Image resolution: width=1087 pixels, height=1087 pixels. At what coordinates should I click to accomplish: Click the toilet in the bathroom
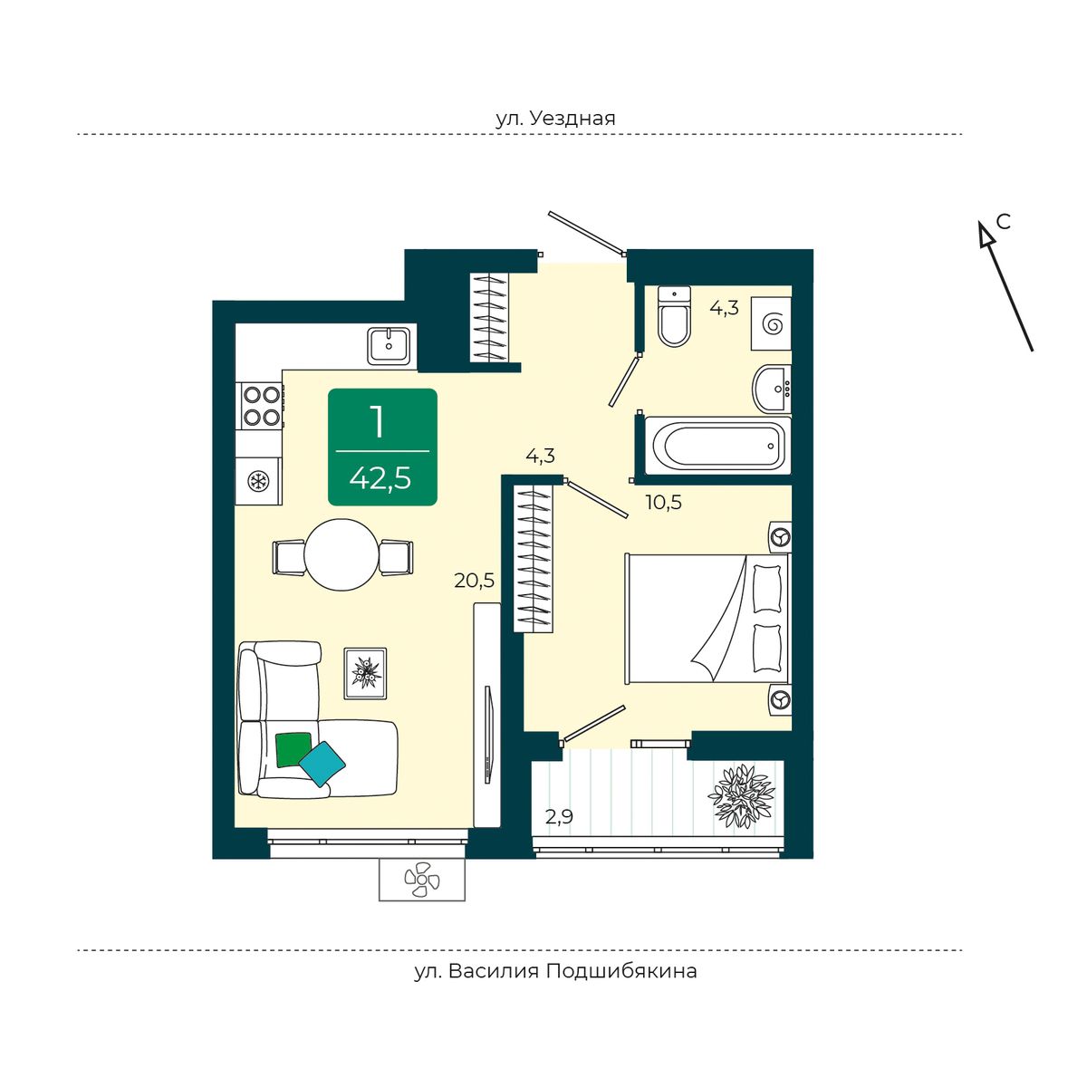pos(675,316)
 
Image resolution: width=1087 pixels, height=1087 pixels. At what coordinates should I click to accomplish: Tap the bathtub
pos(718,446)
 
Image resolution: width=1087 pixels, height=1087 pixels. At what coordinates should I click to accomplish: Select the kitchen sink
pos(390,345)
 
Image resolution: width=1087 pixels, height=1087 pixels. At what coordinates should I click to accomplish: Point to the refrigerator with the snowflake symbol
pos(258,481)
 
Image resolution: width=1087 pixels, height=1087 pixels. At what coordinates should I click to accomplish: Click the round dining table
pos(341,554)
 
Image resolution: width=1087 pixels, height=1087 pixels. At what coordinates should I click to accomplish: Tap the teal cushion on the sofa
pos(322,764)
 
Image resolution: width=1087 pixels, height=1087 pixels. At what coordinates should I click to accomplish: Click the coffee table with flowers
pos(366,674)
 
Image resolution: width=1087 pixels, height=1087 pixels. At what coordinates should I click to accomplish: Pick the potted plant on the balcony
pos(738,795)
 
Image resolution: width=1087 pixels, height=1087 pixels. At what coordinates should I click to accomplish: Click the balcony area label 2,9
pos(559,817)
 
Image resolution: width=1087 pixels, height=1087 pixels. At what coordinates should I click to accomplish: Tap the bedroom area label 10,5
pos(663,502)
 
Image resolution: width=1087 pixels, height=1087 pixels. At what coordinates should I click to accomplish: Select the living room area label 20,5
pos(475,581)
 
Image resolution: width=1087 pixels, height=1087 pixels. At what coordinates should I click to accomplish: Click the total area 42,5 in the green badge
pos(380,478)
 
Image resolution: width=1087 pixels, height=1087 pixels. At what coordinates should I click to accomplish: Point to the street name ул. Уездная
pos(555,119)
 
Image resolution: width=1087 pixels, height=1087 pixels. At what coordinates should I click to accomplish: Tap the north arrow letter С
pos(1003,222)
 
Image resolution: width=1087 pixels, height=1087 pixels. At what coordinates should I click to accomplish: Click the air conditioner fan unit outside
pos(422,880)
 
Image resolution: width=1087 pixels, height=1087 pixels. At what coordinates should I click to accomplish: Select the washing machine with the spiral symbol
pos(771,323)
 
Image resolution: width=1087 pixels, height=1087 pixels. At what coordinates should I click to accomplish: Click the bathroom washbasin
pos(773,389)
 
